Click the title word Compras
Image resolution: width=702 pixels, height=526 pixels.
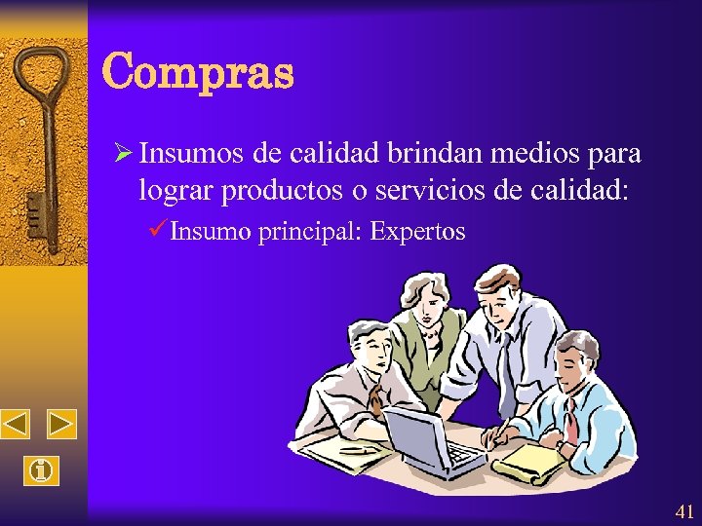(197, 72)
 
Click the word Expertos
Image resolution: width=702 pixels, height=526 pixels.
(418, 232)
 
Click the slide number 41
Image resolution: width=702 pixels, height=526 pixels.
(683, 511)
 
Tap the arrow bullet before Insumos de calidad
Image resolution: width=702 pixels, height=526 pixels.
(123, 154)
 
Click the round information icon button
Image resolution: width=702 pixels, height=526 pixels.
(39, 471)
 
